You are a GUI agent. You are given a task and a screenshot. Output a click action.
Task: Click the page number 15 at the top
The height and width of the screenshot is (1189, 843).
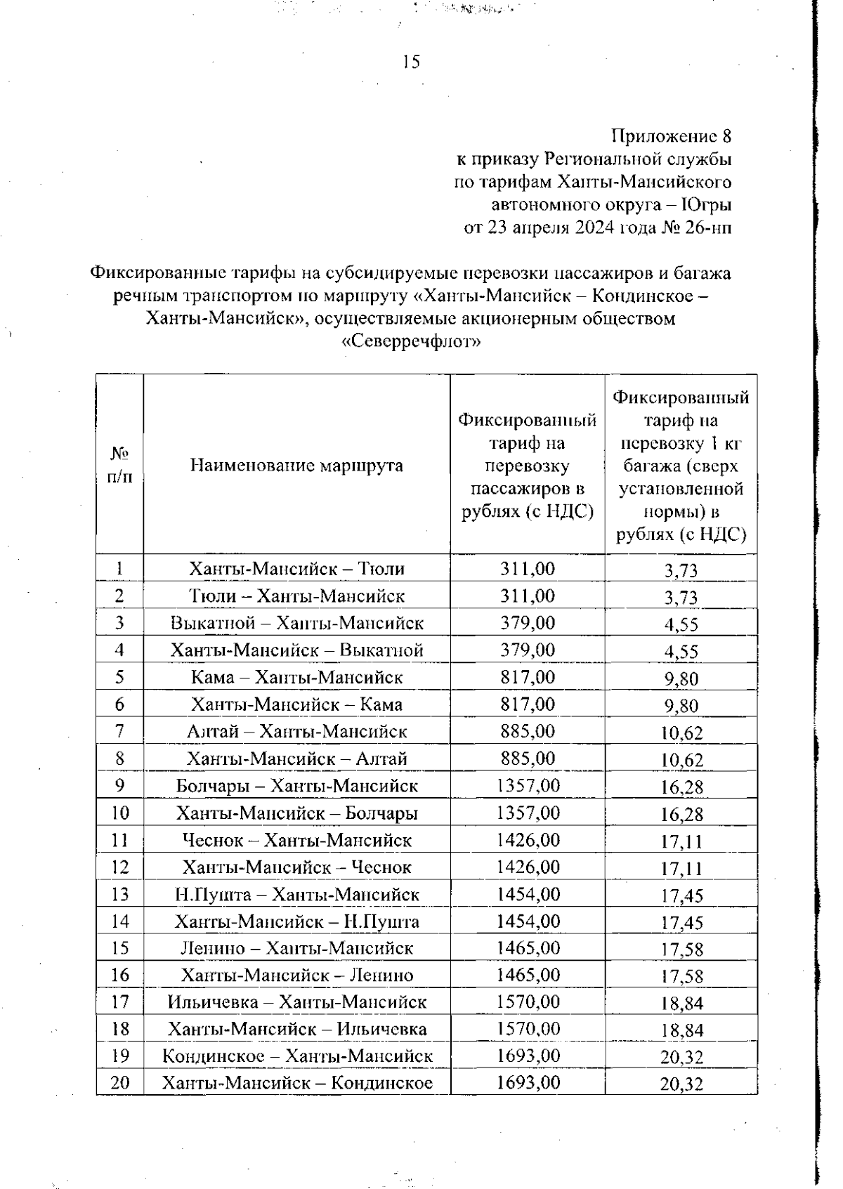(x=412, y=62)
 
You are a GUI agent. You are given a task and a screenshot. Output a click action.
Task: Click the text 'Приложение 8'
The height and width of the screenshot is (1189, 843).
(x=672, y=136)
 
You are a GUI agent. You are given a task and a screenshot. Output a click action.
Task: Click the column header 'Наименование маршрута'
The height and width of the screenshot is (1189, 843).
(x=296, y=465)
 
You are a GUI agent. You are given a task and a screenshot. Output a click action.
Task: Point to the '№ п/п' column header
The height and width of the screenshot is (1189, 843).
(x=119, y=465)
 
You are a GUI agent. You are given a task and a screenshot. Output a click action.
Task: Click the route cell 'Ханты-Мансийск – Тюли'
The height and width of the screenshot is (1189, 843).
(x=296, y=568)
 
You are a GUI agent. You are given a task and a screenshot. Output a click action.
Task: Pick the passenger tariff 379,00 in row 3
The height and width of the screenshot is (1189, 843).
(x=528, y=622)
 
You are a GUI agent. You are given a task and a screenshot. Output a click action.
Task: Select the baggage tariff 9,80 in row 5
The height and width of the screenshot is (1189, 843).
(x=681, y=679)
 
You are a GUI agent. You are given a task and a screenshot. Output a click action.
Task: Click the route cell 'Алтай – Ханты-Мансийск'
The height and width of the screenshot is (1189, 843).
(x=296, y=731)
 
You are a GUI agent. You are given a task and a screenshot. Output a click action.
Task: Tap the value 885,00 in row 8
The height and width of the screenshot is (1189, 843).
(x=528, y=758)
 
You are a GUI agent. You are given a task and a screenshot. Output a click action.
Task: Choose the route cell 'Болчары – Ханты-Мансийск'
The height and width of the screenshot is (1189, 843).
(x=296, y=785)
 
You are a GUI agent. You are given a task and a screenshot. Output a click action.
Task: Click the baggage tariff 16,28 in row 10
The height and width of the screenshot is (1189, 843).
(x=681, y=815)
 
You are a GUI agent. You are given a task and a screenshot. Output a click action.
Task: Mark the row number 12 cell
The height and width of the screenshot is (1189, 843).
(x=120, y=867)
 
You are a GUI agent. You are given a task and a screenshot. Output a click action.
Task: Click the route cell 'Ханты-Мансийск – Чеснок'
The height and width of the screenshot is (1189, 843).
(x=296, y=867)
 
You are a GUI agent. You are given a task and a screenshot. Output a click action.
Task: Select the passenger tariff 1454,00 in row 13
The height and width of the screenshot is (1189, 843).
(x=528, y=894)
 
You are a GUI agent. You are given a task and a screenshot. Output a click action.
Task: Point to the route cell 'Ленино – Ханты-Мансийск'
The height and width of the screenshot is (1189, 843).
(x=296, y=948)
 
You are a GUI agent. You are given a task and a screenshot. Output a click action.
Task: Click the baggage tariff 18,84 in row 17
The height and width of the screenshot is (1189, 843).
(x=681, y=1004)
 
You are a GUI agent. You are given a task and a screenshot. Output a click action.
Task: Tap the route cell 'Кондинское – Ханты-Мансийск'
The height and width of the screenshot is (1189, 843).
(x=296, y=1056)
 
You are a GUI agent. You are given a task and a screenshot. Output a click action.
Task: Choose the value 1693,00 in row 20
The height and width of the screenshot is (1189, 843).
(x=528, y=1082)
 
